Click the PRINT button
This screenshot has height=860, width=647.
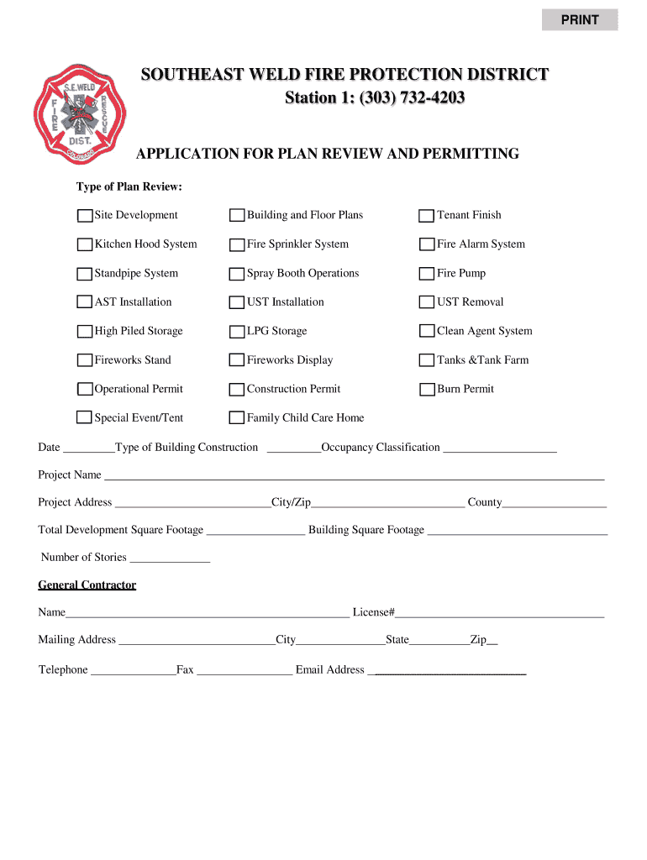click(x=580, y=19)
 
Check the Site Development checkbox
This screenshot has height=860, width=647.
click(x=85, y=216)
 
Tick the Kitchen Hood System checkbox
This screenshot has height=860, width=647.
click(x=85, y=245)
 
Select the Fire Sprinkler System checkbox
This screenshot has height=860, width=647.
click(x=237, y=245)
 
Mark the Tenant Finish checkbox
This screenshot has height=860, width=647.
click(x=427, y=216)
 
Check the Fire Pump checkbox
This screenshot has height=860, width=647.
click(x=427, y=274)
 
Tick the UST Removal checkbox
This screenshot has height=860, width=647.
click(x=427, y=302)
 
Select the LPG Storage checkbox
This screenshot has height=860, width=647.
click(x=237, y=332)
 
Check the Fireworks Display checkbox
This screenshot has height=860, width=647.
click(x=237, y=360)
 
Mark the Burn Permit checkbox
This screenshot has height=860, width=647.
click(x=427, y=390)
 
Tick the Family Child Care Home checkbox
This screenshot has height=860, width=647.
click(x=237, y=418)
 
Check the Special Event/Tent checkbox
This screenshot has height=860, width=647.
click(x=85, y=418)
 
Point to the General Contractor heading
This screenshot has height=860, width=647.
click(x=87, y=585)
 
